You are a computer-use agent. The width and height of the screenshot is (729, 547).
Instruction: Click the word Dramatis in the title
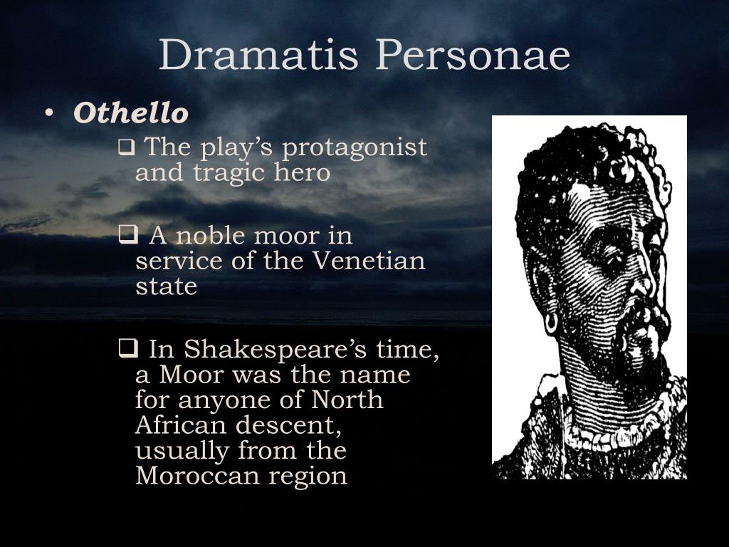coord(258,55)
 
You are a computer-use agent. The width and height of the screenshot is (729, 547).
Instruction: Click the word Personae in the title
coord(473,55)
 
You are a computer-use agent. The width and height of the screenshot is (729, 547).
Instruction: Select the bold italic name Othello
coord(131,113)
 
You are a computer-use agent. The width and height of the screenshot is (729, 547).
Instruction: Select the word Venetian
coord(369,261)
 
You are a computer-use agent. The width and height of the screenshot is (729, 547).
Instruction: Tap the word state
coord(166,286)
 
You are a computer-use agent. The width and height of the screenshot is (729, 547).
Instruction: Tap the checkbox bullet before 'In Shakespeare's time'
coord(127,349)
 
